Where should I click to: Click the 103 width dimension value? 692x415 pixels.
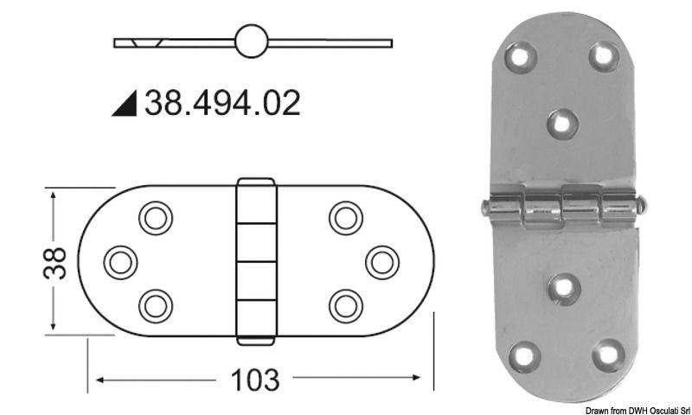coord(254,380)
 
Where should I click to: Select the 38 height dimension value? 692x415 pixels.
coord(54,262)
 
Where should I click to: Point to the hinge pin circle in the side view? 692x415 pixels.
coord(251,41)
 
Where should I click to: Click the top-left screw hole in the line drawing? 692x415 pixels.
coord(156,218)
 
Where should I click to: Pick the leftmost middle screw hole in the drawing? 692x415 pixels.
coord(121,261)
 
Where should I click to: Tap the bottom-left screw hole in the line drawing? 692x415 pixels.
coord(156,304)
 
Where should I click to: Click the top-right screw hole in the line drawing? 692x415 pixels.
coord(346,218)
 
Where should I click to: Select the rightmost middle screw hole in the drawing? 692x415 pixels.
coord(381,261)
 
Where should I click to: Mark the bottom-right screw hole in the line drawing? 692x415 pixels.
coord(346,304)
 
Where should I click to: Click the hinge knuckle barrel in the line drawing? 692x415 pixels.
coord(255,261)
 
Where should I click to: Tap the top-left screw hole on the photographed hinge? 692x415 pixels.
coord(521,58)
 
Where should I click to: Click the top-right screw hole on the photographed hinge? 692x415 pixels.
coord(604,56)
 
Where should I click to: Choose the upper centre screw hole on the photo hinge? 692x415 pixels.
coord(562,123)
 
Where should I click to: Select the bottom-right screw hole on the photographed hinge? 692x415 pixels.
coord(608,354)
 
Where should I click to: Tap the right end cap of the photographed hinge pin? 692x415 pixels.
coord(641,206)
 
